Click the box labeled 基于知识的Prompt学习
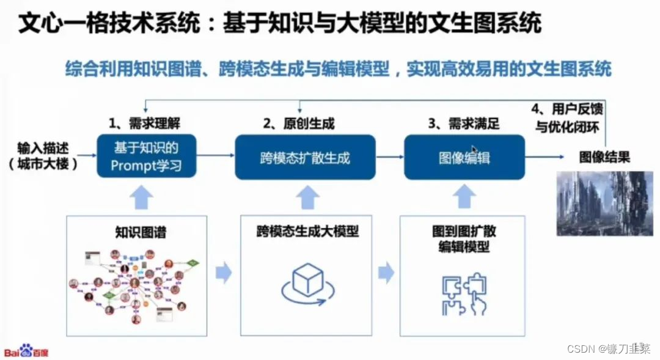coord(146,156)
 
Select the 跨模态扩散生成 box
coord(305,158)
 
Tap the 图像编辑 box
coord(464,158)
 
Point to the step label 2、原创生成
coord(299,124)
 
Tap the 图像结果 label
coord(604,158)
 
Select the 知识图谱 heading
coord(141,232)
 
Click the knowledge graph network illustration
coord(136,284)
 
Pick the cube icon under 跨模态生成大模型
coord(307,281)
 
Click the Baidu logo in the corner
coord(27,351)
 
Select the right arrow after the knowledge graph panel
coord(224,273)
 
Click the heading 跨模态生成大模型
coord(307,232)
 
